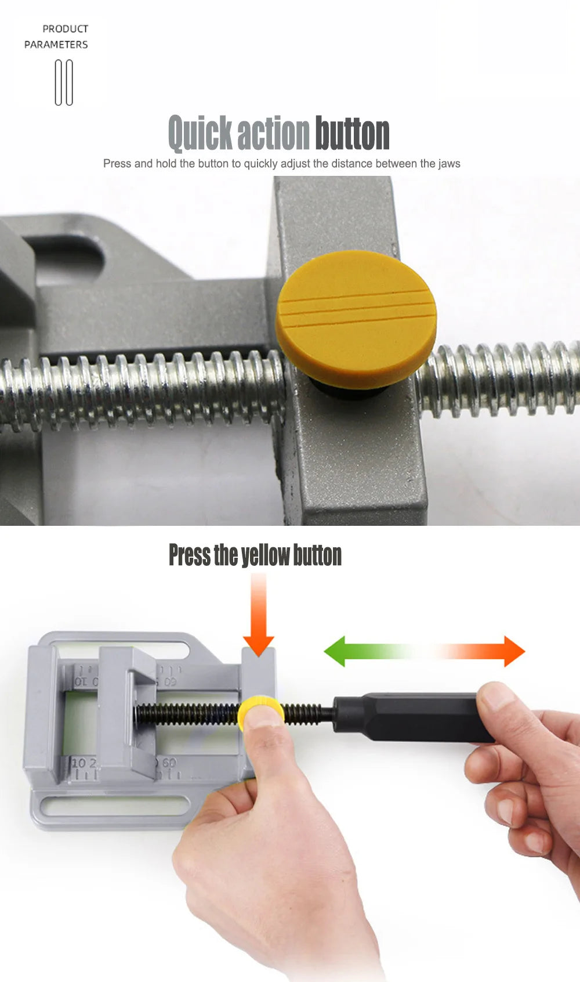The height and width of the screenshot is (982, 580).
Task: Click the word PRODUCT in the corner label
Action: click(x=66, y=29)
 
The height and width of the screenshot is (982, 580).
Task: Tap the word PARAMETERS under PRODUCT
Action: click(x=56, y=45)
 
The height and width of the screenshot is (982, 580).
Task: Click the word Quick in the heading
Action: click(x=200, y=133)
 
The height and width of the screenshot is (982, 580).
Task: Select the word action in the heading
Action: click(x=274, y=133)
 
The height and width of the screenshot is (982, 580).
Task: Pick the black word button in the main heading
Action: click(x=352, y=133)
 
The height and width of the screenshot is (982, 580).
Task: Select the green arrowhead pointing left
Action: click(x=335, y=651)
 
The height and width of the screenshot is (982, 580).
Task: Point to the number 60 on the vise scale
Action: click(x=169, y=763)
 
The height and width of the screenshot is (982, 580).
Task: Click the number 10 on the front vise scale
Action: click(x=78, y=763)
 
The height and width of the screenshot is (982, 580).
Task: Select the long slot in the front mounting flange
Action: click(x=117, y=806)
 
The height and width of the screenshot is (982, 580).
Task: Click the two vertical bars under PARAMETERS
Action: click(x=64, y=82)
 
